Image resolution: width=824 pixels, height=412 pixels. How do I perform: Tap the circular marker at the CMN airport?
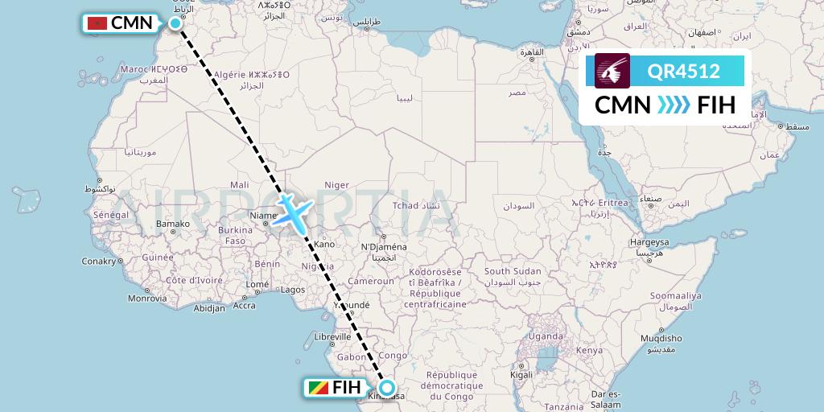pos(175,23)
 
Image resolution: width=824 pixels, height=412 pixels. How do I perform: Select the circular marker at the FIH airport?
pos(387,388)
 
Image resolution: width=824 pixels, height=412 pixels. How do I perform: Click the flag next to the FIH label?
pos(318,388)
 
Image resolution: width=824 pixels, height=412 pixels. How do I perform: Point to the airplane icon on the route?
pos(292,209)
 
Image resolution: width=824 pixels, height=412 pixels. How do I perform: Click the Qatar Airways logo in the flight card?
pos(612,71)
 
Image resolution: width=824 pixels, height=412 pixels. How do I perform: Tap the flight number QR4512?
pos(684,71)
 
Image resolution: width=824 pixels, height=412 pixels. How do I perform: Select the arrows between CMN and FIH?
pos(672,105)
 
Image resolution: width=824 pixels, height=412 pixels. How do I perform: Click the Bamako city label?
pos(173,224)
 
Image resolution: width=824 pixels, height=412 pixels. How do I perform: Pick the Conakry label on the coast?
pos(100,261)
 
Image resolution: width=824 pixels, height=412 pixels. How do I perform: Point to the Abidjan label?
pos(209,308)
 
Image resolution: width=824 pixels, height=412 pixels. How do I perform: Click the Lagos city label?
pos(293,290)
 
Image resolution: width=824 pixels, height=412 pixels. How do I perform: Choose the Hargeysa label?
pos(649,242)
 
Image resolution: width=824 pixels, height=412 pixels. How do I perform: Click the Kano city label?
pos(325,244)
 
